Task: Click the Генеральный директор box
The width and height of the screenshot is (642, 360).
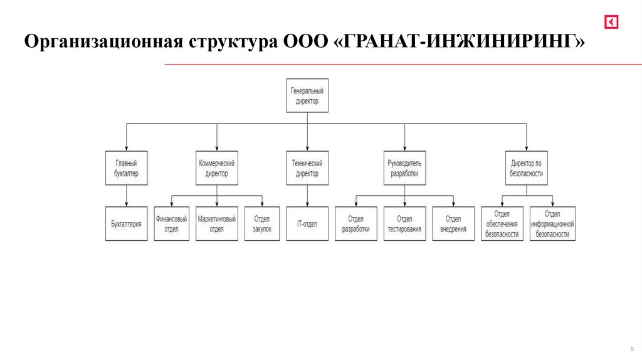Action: [x=307, y=95]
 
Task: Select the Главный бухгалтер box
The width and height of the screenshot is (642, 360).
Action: [x=127, y=168]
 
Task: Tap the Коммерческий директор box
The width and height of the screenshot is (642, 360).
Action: [x=217, y=168]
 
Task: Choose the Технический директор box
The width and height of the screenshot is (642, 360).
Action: [x=307, y=168]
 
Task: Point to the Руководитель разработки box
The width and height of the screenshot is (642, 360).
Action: [x=404, y=168]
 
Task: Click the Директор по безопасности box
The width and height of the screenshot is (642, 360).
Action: [x=527, y=168]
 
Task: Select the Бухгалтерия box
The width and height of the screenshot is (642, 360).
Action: [x=127, y=224]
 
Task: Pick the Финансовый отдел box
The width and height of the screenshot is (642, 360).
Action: [x=172, y=224]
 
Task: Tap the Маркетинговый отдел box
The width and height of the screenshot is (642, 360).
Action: [x=217, y=224]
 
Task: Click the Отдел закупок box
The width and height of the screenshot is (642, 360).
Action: [x=262, y=224]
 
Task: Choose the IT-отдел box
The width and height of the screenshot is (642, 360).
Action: [x=307, y=224]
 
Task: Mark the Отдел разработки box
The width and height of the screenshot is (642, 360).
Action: [x=356, y=224]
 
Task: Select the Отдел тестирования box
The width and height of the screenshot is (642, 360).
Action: [x=404, y=224]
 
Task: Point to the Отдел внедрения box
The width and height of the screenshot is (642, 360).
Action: [x=453, y=224]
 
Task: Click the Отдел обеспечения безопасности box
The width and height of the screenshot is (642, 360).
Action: [x=502, y=224]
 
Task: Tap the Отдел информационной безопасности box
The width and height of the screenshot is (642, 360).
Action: [x=552, y=224]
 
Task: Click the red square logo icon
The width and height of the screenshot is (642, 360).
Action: [x=612, y=23]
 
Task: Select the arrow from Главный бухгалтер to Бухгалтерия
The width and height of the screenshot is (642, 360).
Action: [x=127, y=196]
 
